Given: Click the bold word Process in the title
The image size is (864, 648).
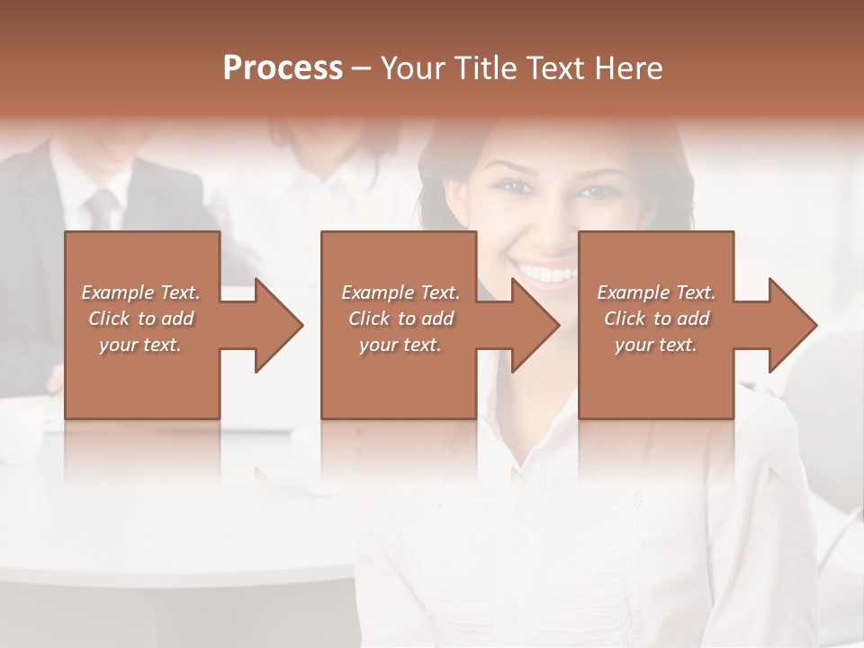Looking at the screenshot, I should pos(283,68).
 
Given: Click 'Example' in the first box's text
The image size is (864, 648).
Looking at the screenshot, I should pos(117,292).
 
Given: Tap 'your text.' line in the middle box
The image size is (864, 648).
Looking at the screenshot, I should pos(400,345).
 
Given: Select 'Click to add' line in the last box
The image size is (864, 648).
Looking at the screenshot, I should pos(656,319).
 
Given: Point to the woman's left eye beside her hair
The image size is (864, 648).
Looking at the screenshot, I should pos(510,187).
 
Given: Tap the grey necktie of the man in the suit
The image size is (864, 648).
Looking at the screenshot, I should pos(101,210).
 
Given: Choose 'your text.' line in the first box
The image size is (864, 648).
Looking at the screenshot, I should pos(140,345).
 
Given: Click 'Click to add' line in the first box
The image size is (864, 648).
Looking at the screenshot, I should pos(140,319).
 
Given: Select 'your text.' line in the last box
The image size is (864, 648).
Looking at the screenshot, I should pos(656,345).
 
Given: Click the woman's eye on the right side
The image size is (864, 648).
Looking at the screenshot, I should pos(595,191).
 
